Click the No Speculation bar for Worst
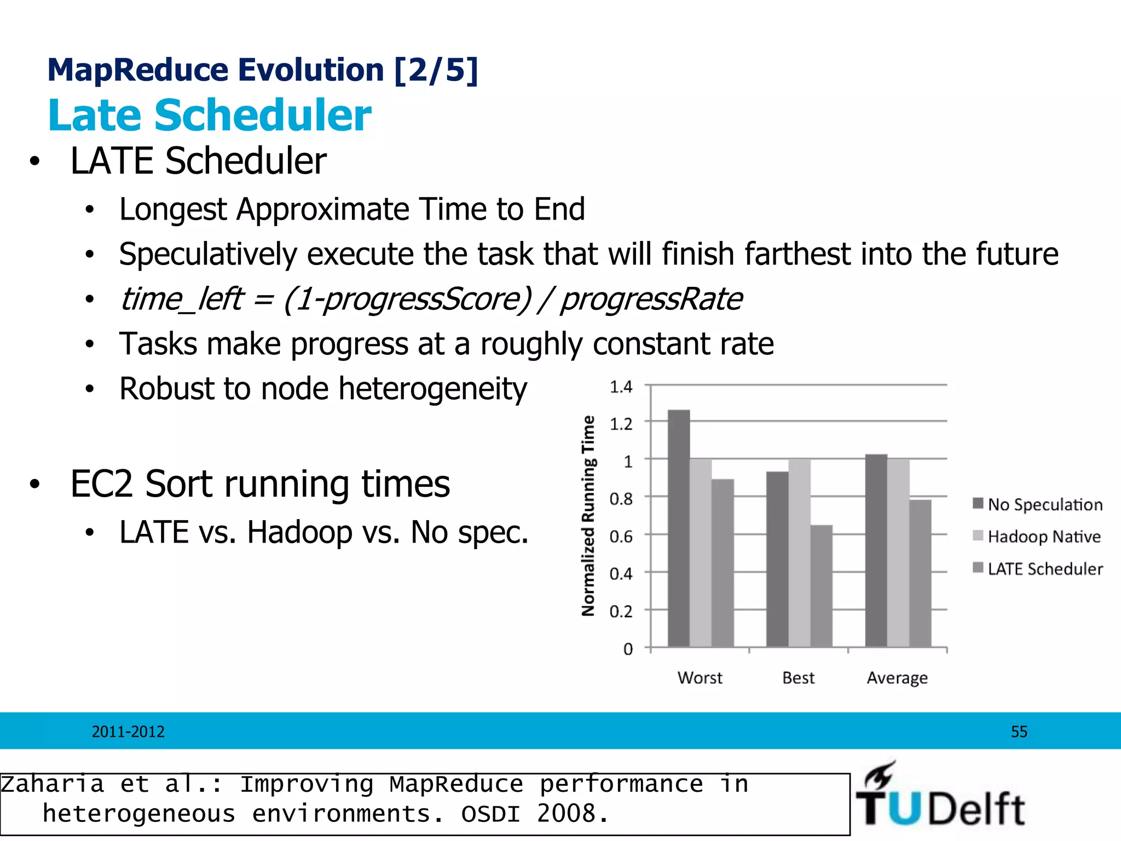(x=679, y=528)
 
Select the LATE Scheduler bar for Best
(x=821, y=586)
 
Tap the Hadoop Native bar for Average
(x=898, y=553)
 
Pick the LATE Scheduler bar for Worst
(x=723, y=563)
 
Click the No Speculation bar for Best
(x=777, y=559)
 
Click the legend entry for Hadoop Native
(x=1037, y=537)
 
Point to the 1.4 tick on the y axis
(x=621, y=387)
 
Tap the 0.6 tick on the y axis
(x=621, y=537)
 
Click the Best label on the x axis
(x=798, y=678)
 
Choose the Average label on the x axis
(x=897, y=678)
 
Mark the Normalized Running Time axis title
(x=588, y=516)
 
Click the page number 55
(x=1019, y=731)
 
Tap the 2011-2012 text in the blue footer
(x=128, y=731)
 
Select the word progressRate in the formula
(x=651, y=299)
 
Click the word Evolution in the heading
(x=311, y=70)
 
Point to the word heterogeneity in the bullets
(x=432, y=389)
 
